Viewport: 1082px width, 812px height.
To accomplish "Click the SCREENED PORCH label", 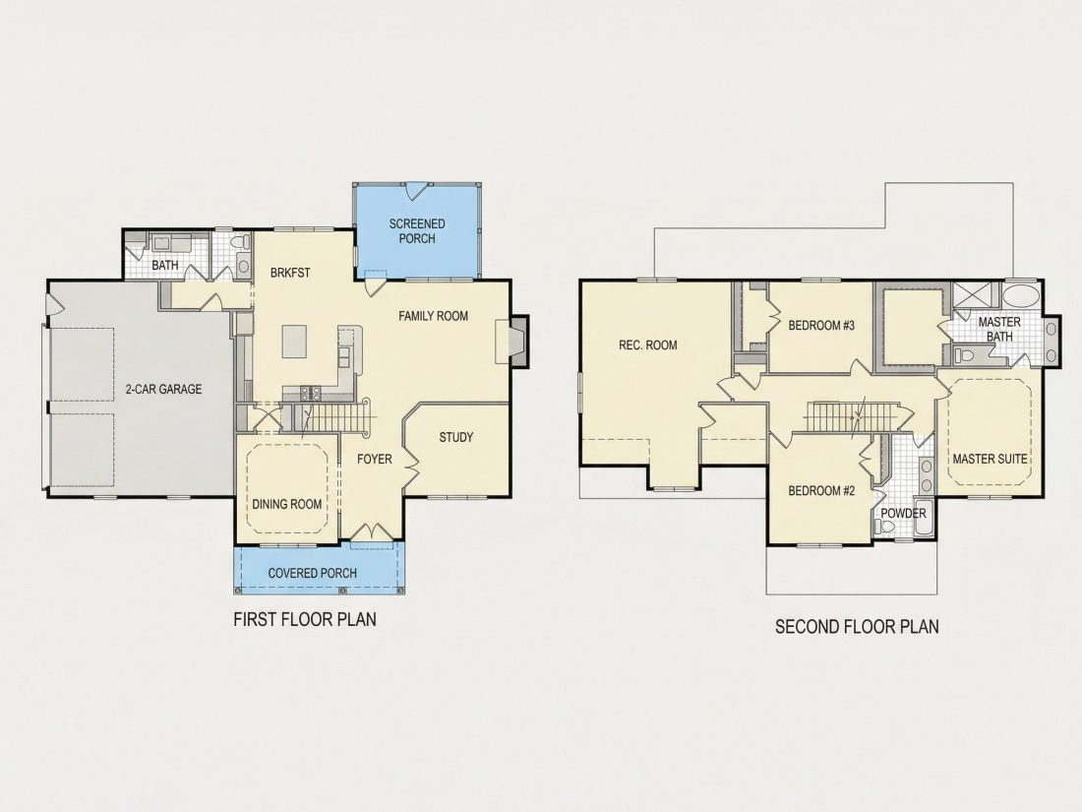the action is (x=417, y=231).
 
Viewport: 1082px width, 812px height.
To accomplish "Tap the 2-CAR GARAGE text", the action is (x=163, y=389).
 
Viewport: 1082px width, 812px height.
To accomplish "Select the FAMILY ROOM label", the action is (x=434, y=316).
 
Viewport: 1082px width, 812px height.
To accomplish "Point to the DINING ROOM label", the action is (x=286, y=504).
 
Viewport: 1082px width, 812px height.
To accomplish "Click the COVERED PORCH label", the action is (x=313, y=573).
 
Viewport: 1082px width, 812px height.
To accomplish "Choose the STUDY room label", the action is (x=456, y=437).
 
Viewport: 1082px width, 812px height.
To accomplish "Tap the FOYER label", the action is (x=375, y=459).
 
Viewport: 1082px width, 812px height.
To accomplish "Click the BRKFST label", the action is (x=290, y=273).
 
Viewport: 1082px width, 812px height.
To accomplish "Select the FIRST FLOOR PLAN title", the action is (x=305, y=619).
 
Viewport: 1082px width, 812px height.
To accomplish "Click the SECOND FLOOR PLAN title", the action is (x=857, y=626).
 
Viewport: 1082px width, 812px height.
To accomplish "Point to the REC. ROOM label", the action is (x=648, y=345).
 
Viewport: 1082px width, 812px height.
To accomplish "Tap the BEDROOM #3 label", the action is (x=822, y=325).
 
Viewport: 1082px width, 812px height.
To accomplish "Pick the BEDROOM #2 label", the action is (x=822, y=491).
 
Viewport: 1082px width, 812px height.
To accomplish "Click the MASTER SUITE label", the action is (x=990, y=459).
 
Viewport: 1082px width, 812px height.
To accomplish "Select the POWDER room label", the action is (x=903, y=514).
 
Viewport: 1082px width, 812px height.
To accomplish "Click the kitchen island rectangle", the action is (x=294, y=342).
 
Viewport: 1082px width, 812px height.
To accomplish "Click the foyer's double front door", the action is (x=372, y=532).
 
